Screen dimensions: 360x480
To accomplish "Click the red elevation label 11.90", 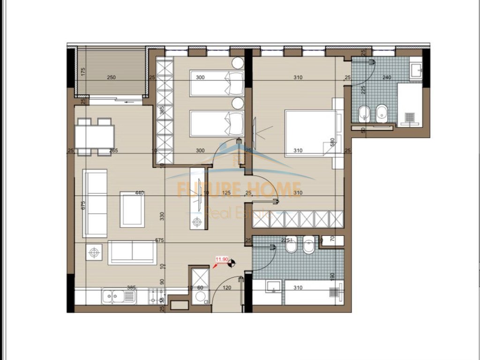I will tap(222, 258).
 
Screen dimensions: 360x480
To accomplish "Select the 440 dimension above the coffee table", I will tap(139, 193).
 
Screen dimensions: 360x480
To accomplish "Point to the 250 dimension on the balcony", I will tap(111, 77).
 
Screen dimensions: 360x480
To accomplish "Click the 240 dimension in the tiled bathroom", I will tap(387, 77).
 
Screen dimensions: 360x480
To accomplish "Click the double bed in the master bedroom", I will tap(310, 133).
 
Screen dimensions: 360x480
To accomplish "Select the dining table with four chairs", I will tap(94, 136).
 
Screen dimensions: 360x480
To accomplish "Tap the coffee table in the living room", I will tap(132, 210).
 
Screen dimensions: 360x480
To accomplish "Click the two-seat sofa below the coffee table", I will tap(132, 253).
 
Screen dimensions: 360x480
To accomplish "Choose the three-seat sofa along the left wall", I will tap(95, 202).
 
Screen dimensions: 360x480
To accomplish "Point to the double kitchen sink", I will tap(119, 296).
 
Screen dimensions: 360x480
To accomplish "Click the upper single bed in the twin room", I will tap(216, 83).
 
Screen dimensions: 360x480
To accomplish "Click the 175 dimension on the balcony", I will tap(83, 72).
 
